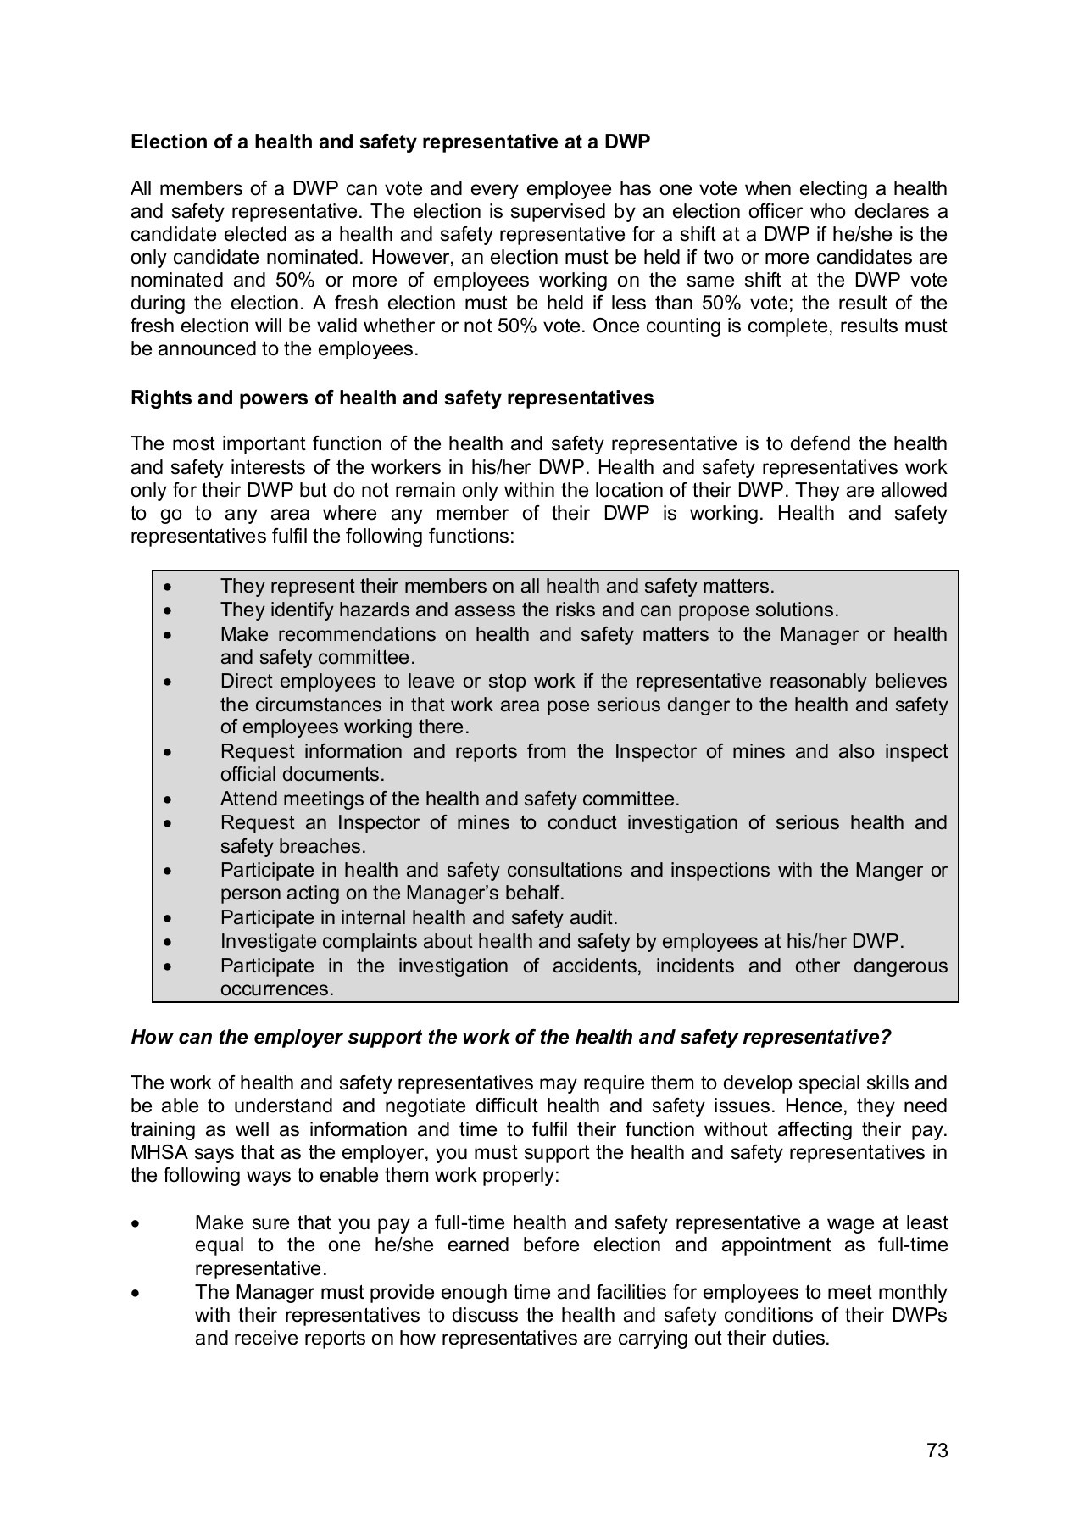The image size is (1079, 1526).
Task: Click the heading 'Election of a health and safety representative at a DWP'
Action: click(390, 142)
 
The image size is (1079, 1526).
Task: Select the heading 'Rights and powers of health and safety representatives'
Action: click(392, 398)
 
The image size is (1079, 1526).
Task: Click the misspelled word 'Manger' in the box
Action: click(889, 870)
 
